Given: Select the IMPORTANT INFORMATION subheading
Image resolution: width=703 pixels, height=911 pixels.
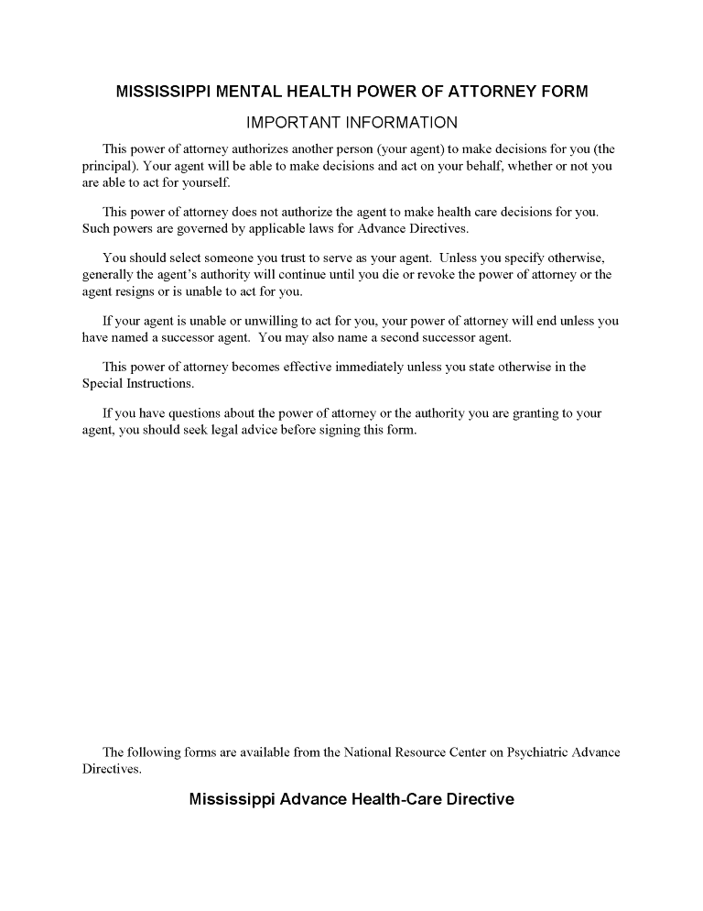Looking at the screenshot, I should [351, 123].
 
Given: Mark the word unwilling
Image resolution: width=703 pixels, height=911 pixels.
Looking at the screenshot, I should [255, 322].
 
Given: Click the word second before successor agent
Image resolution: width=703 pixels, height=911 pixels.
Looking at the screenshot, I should [396, 337].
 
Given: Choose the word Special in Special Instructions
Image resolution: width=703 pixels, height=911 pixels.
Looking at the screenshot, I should [103, 384].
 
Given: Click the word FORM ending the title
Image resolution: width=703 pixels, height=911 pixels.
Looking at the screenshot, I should [566, 92].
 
